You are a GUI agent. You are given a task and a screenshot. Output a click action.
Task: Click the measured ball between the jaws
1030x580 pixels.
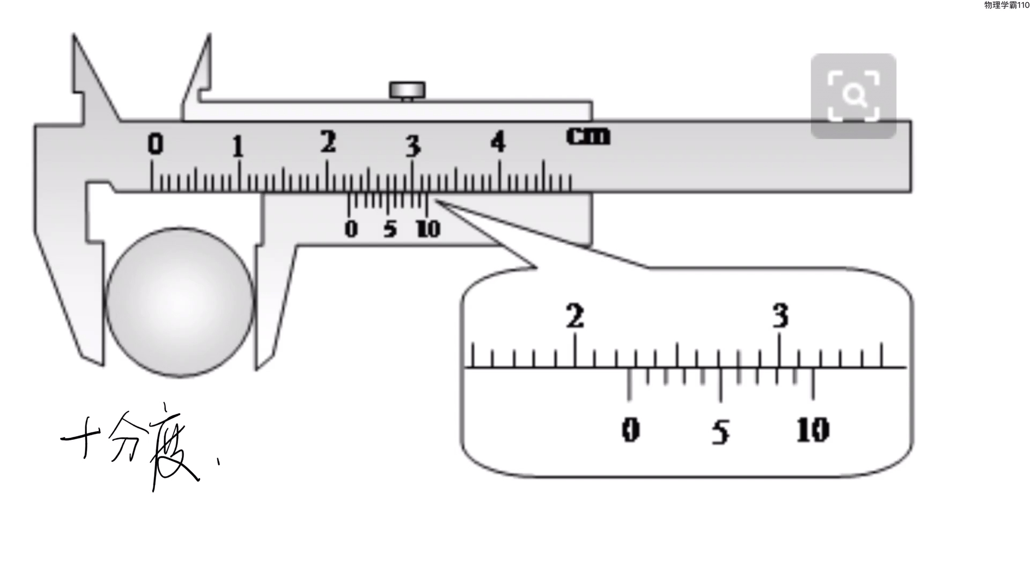click(x=179, y=302)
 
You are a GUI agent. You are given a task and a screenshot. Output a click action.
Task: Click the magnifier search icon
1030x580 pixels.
click(x=854, y=96)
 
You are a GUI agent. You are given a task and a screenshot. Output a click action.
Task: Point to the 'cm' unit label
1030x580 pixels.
click(x=588, y=136)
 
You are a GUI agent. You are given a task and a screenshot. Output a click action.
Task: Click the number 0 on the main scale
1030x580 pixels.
click(x=155, y=144)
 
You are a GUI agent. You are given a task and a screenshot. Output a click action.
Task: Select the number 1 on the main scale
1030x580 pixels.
click(x=238, y=147)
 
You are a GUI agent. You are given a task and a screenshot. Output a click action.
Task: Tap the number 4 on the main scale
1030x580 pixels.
click(x=498, y=142)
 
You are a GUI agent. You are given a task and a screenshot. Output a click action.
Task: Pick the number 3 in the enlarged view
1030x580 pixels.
click(x=781, y=316)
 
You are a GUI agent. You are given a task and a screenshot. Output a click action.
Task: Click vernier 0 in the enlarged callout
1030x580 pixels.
click(x=630, y=430)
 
